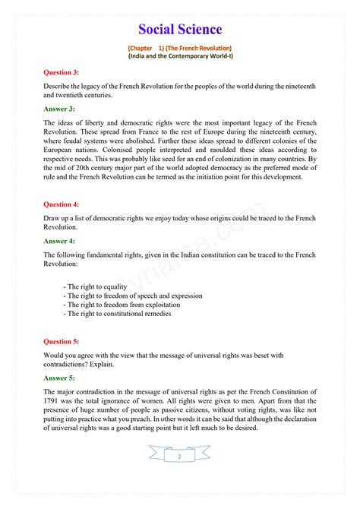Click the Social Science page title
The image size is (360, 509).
click(180, 29)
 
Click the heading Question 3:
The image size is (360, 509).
click(62, 72)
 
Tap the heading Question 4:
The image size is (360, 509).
click(62, 204)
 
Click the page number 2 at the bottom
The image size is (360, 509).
click(179, 457)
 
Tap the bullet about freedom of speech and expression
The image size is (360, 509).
click(123, 296)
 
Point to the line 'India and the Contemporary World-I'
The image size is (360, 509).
click(180, 56)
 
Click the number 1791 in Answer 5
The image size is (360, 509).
click(54, 400)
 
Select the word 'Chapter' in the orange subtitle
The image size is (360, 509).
click(143, 47)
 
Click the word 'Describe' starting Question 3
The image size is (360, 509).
click(58, 86)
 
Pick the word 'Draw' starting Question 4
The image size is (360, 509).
click(52, 218)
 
